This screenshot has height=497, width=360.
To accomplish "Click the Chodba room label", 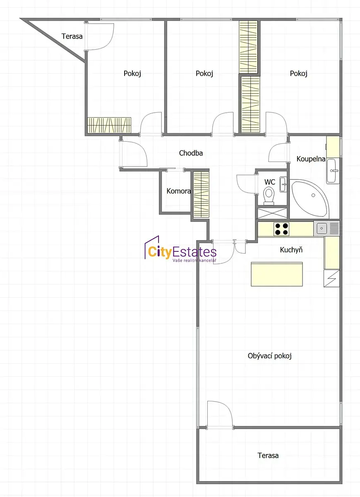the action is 191,153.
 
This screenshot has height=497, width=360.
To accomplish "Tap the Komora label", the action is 179,191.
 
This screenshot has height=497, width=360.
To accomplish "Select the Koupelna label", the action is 311,159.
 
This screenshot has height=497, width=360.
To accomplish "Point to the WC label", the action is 270,182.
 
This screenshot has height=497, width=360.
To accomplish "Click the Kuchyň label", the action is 291,250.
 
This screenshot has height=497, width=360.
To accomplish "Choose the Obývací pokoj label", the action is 269,356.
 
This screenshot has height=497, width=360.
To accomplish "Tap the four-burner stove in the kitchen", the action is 281,229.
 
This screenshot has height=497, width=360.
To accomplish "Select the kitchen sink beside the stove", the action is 322,228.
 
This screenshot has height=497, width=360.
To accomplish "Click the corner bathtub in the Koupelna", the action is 310,198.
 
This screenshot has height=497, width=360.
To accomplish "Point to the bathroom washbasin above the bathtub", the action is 333,171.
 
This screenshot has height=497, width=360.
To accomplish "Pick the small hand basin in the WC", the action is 283,184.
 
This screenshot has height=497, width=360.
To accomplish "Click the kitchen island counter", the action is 277,274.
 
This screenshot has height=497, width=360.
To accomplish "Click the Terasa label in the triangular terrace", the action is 72,36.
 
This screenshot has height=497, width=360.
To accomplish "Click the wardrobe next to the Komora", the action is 201,195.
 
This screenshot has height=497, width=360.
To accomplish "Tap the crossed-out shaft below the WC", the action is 272,213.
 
